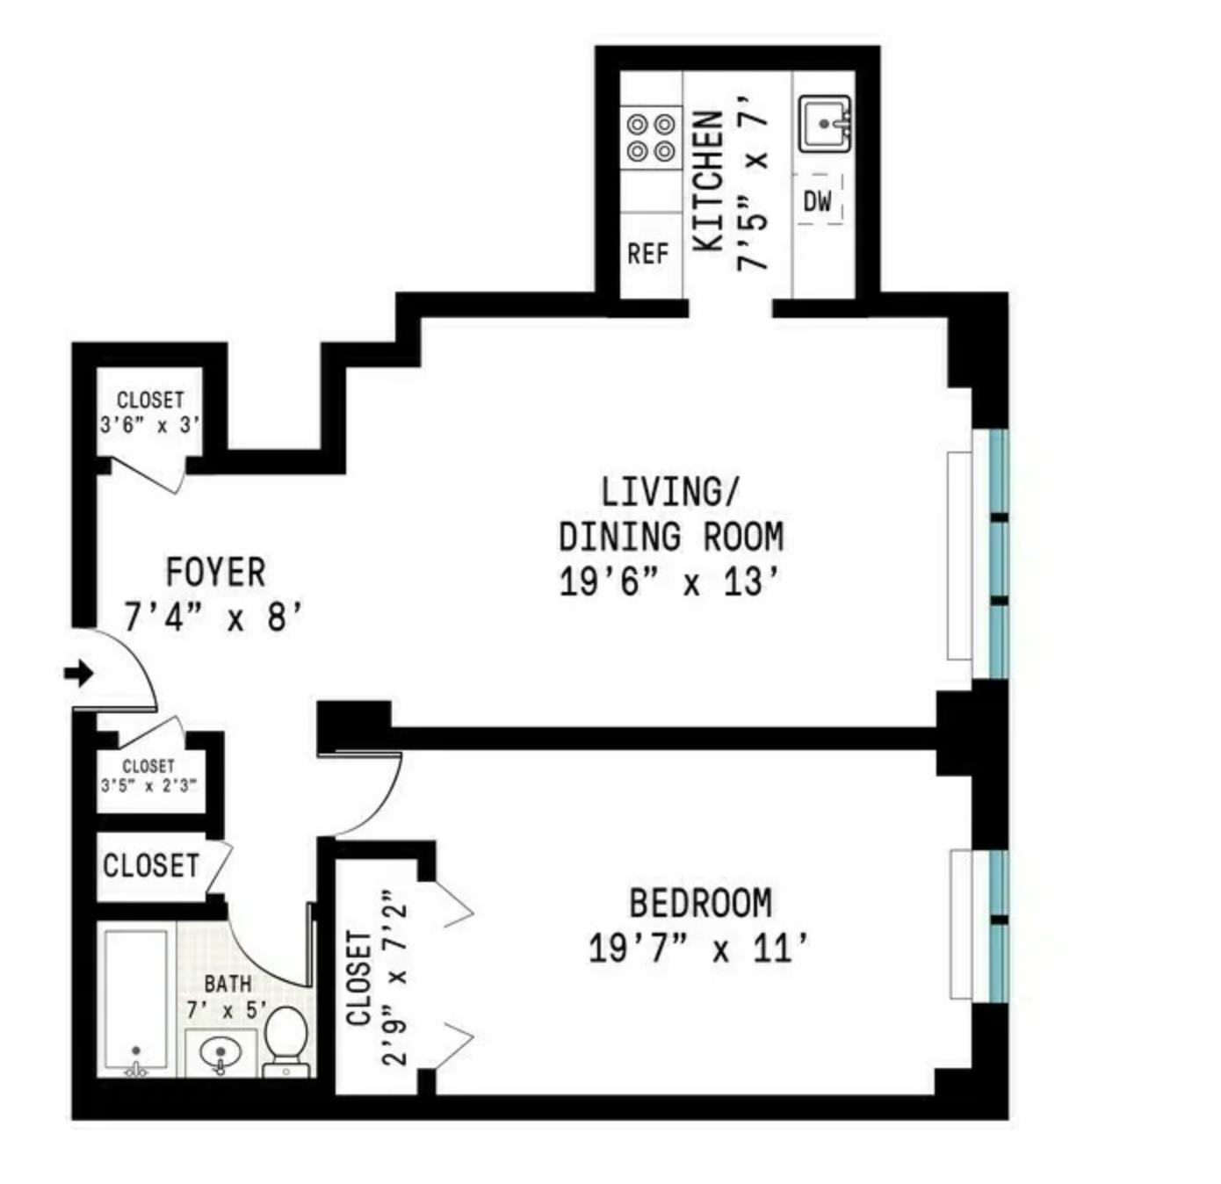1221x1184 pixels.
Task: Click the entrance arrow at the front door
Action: [x=79, y=674]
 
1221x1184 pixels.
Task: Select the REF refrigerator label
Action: [x=648, y=254]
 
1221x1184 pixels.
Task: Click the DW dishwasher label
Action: [x=817, y=201]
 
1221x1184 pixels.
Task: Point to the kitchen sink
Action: [x=825, y=124]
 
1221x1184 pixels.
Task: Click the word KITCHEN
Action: [x=709, y=180]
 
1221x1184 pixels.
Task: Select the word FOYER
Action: [x=215, y=573]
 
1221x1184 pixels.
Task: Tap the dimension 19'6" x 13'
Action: [x=669, y=581]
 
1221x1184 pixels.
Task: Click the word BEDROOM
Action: [x=700, y=904]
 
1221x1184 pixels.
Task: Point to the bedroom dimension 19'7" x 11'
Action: [x=698, y=949]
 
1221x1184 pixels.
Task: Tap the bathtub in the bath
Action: [x=135, y=1001]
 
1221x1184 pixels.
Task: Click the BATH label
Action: [x=228, y=984]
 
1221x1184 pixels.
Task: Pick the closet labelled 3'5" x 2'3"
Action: [x=148, y=776]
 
